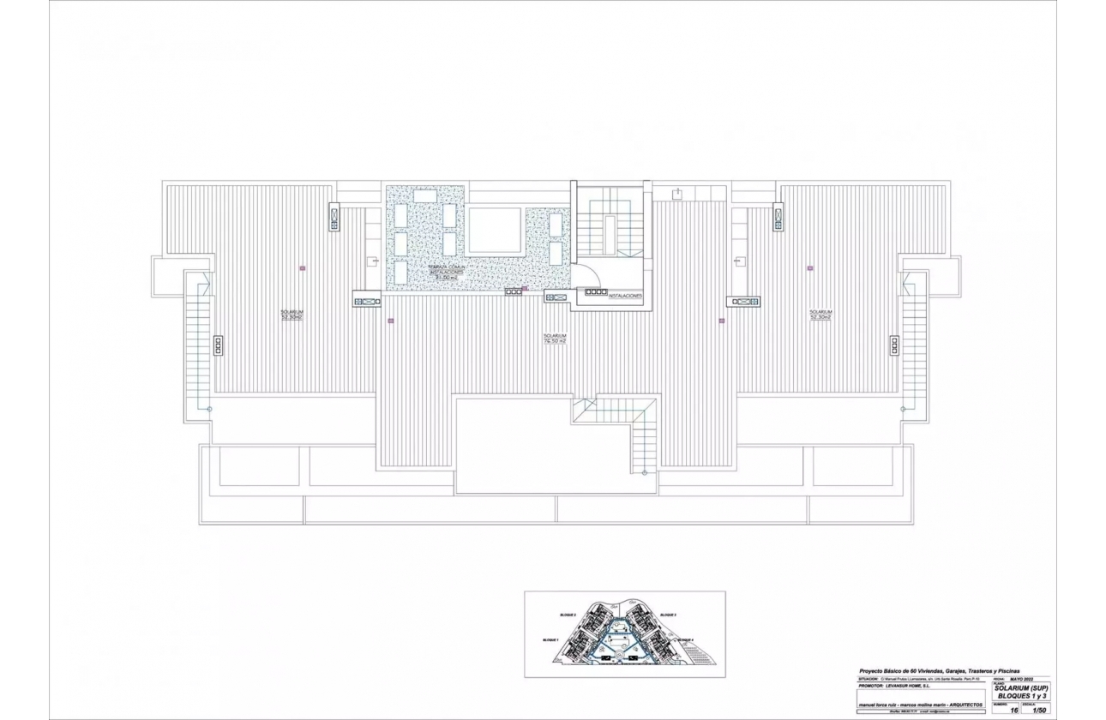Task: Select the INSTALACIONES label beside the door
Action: coord(626,294)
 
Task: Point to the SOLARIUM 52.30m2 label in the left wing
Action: coord(292,315)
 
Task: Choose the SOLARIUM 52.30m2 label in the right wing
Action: coord(820,315)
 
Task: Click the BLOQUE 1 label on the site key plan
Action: coord(550,640)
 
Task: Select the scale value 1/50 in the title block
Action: coord(1040,710)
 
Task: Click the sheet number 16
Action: coord(1014,710)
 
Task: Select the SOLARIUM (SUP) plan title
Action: coord(1021,687)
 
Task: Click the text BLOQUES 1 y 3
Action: coord(1021,696)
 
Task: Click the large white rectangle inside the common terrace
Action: coord(495,231)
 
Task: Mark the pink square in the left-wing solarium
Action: coord(303,268)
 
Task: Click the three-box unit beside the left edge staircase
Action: coord(219,345)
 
